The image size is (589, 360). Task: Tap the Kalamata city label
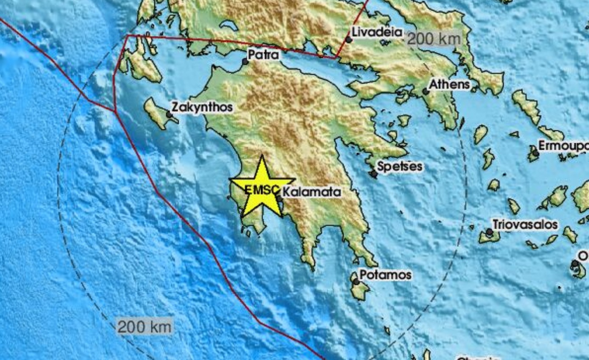(x=311, y=192)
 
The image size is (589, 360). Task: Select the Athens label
(x=449, y=84)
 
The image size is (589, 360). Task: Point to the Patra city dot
(x=245, y=62)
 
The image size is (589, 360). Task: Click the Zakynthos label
(x=202, y=107)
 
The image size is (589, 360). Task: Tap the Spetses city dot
(x=374, y=174)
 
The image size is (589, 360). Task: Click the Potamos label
(x=385, y=275)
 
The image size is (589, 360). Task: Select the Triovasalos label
(x=525, y=224)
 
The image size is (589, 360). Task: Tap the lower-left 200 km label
(x=144, y=327)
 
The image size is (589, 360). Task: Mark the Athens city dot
(x=425, y=91)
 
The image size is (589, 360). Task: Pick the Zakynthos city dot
(x=169, y=115)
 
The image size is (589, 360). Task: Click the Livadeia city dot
(x=349, y=40)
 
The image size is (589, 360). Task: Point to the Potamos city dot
(x=356, y=282)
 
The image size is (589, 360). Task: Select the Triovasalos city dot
(x=489, y=232)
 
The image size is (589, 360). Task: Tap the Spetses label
(x=400, y=166)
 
